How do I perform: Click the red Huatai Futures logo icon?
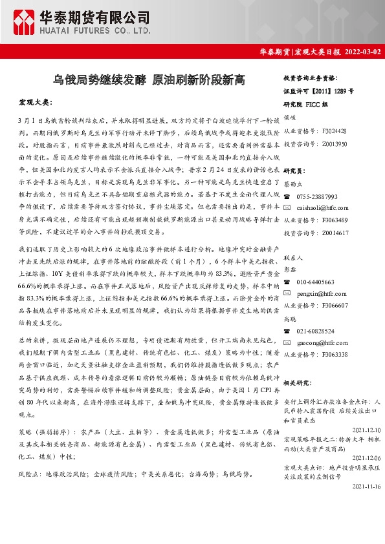[25, 22]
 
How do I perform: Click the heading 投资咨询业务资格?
[312, 77]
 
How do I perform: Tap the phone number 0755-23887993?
[317, 196]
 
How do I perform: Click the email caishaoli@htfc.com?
[322, 207]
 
